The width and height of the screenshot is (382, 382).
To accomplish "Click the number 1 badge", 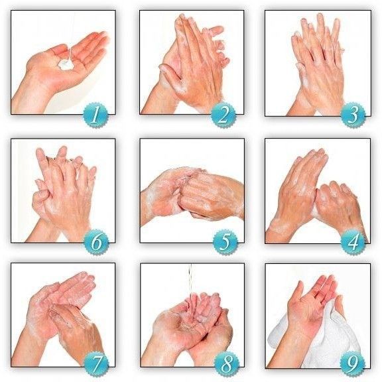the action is pos(95,115).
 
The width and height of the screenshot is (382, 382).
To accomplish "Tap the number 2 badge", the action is pos(223,115).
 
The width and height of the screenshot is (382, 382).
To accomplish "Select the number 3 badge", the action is pos(353,115).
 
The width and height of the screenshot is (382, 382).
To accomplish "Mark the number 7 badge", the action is pos(97,364).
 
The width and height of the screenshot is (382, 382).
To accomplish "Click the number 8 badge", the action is pos(226,364).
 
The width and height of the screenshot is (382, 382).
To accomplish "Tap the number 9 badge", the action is pos(353,364).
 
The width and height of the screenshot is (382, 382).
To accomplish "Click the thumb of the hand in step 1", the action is pos(58,50).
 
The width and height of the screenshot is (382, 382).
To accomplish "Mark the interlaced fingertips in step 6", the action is pos(66,159).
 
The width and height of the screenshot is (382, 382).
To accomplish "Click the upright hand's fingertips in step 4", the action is pos(312,156).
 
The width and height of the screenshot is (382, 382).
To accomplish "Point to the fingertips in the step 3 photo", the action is pos(317,27).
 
